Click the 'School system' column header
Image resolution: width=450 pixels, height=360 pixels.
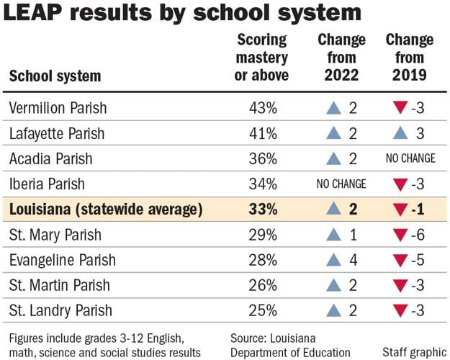point(55,76)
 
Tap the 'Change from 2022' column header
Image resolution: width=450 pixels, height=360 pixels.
point(341,57)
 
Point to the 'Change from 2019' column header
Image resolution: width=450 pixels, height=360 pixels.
point(409,57)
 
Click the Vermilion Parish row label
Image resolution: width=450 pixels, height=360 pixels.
point(58,108)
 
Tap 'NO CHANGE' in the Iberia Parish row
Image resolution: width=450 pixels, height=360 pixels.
point(341,184)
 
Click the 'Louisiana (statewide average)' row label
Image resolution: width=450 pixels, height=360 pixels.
point(106,210)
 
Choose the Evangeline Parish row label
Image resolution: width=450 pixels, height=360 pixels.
point(63,260)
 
